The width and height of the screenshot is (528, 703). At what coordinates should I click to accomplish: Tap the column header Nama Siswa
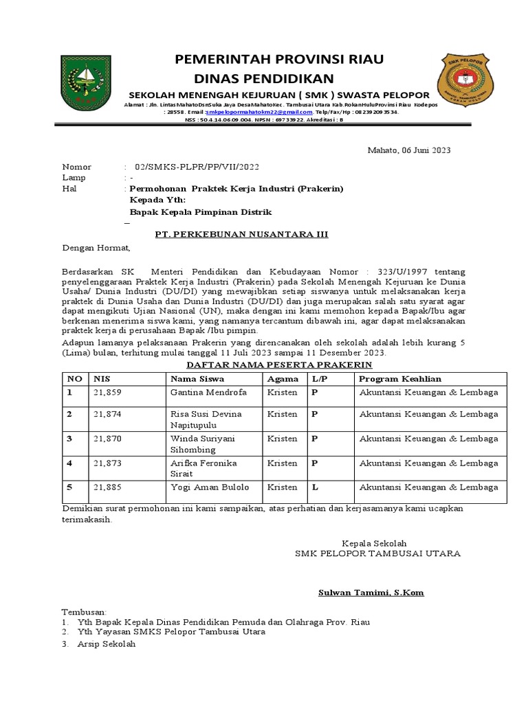point(197,379)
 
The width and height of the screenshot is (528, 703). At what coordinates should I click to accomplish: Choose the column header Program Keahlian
point(400,379)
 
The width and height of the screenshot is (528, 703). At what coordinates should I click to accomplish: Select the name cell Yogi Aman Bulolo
point(210,487)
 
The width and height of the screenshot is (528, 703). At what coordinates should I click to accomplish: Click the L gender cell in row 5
point(314,487)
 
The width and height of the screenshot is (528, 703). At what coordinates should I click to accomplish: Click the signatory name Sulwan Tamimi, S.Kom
point(371,592)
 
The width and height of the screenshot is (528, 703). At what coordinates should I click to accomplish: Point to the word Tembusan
point(85,612)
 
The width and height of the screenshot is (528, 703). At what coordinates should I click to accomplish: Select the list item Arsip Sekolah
point(107,644)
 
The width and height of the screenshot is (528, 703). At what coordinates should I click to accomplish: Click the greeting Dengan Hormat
point(96,248)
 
